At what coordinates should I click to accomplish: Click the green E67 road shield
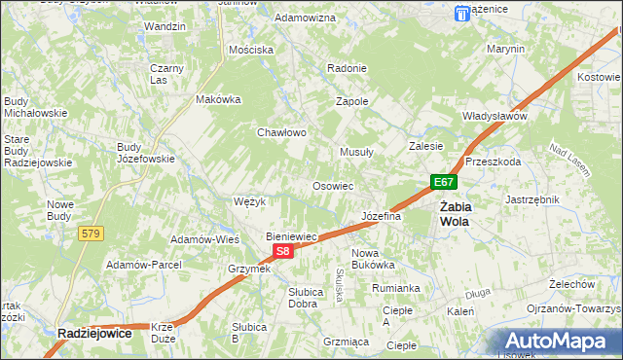[443, 182]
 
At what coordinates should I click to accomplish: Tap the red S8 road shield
[282, 251]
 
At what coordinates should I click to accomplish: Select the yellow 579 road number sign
[92, 234]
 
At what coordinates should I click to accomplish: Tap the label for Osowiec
[332, 185]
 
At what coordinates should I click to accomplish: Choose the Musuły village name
[356, 152]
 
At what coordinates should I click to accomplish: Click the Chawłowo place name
[282, 132]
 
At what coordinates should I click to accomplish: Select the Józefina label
[382, 216]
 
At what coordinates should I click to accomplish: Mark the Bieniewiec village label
[293, 236]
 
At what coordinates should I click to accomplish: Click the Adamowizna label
[305, 18]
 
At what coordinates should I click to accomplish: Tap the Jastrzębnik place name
[531, 198]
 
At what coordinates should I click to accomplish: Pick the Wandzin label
[164, 26]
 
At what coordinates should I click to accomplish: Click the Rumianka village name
[395, 288]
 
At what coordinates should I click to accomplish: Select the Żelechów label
[571, 284]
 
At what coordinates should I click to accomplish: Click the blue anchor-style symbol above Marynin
[461, 13]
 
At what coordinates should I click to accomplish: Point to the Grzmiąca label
[346, 342]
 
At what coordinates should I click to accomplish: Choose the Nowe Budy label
[60, 210]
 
